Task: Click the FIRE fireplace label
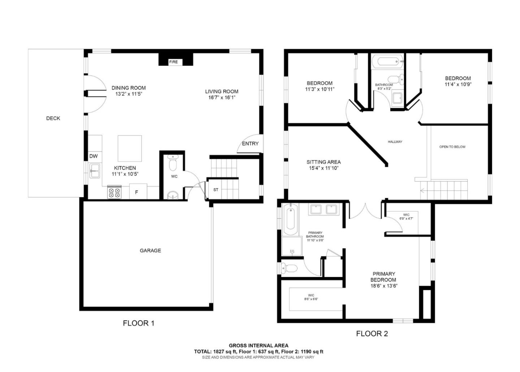[173, 62]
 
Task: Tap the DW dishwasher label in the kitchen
[94, 156]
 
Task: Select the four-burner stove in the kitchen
[114, 192]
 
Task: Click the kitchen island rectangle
[130, 148]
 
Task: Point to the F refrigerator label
[136, 192]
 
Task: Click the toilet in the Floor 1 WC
[173, 163]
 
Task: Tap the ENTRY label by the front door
[250, 144]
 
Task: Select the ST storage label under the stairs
[216, 189]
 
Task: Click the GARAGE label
[150, 250]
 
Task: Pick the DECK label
[53, 118]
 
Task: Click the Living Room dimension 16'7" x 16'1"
[222, 97]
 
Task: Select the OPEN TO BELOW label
[452, 147]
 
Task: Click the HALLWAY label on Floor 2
[395, 142]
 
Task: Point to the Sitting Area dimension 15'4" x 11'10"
[324, 168]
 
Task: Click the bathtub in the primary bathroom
[290, 219]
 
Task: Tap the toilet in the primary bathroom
[289, 268]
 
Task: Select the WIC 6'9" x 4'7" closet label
[406, 217]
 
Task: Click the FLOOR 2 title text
[372, 333]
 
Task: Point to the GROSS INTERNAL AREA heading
[259, 346]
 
